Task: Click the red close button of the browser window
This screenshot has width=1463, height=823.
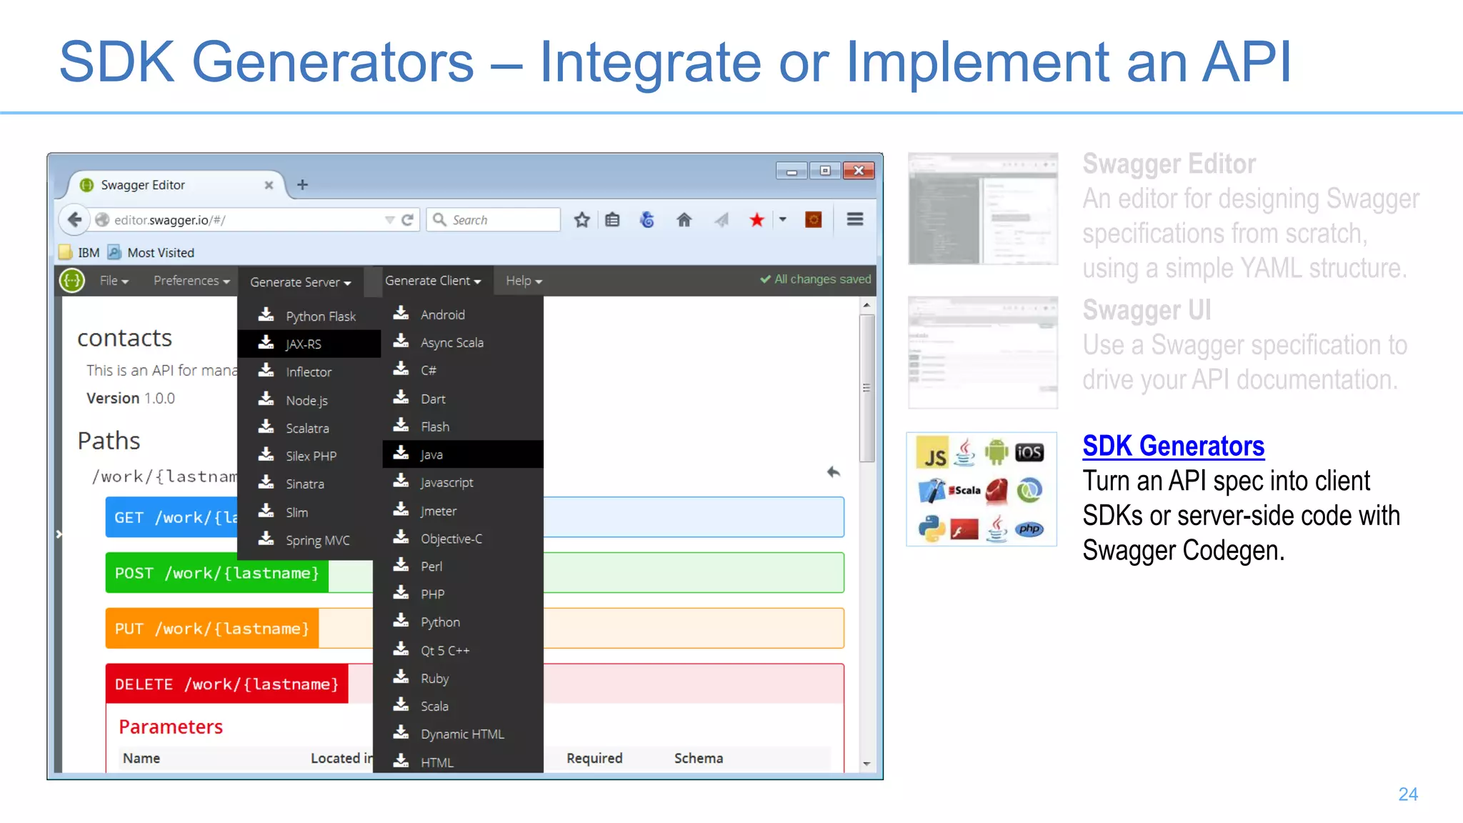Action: pyautogui.click(x=859, y=171)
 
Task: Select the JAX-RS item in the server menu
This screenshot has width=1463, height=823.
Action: pyautogui.click(x=304, y=344)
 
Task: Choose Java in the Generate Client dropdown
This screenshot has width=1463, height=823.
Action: pyautogui.click(x=431, y=455)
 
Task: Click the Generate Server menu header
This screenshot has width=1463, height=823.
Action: pyautogui.click(x=300, y=282)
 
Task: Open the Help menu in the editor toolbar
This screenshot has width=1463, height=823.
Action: pyautogui.click(x=524, y=281)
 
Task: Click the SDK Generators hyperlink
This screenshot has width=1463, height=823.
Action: pyautogui.click(x=1173, y=447)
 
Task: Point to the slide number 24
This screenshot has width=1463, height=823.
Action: pyautogui.click(x=1408, y=794)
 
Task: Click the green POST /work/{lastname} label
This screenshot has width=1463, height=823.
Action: pyautogui.click(x=216, y=574)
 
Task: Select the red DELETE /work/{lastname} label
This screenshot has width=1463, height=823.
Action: pyautogui.click(x=226, y=684)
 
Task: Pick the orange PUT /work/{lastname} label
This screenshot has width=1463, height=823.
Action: pyautogui.click(x=211, y=629)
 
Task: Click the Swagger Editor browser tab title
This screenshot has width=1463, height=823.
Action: pyautogui.click(x=143, y=185)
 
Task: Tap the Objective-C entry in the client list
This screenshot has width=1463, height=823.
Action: pyautogui.click(x=451, y=539)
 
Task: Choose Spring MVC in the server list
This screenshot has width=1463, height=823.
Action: pyautogui.click(x=317, y=541)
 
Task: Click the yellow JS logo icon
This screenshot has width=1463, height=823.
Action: pyautogui.click(x=933, y=454)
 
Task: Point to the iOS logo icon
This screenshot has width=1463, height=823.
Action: pyautogui.click(x=1029, y=452)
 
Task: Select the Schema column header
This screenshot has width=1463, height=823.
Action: pyautogui.click(x=698, y=759)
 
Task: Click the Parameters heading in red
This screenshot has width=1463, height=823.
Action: pyautogui.click(x=171, y=727)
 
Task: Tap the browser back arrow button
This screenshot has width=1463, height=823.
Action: pyautogui.click(x=75, y=220)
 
